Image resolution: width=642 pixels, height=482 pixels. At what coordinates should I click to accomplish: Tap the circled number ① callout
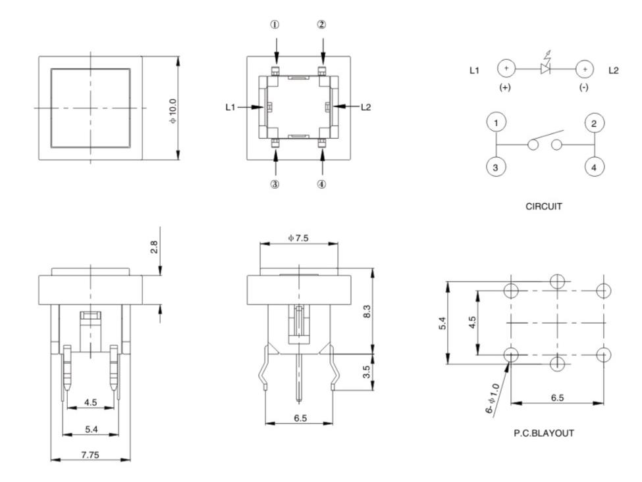pyautogui.click(x=275, y=24)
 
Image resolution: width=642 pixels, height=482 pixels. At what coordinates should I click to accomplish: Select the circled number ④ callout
pyautogui.click(x=321, y=184)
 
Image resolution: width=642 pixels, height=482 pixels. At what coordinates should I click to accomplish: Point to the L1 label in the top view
pyautogui.click(x=231, y=107)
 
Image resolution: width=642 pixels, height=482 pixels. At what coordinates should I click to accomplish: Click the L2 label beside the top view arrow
pyautogui.click(x=365, y=107)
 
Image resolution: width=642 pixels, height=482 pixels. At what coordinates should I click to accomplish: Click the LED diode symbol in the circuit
pyautogui.click(x=545, y=68)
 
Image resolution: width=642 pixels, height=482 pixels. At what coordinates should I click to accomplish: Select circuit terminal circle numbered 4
pyautogui.click(x=594, y=167)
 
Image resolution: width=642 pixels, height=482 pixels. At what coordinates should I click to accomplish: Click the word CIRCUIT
pyautogui.click(x=544, y=206)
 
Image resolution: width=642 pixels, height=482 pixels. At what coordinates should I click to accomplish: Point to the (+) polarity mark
pyautogui.click(x=506, y=88)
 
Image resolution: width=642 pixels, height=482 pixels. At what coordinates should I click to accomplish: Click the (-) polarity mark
pyautogui.click(x=583, y=88)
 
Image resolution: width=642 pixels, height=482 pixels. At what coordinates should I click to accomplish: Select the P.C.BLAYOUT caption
pyautogui.click(x=544, y=434)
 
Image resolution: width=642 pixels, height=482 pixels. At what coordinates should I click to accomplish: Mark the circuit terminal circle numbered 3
pyautogui.click(x=496, y=167)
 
